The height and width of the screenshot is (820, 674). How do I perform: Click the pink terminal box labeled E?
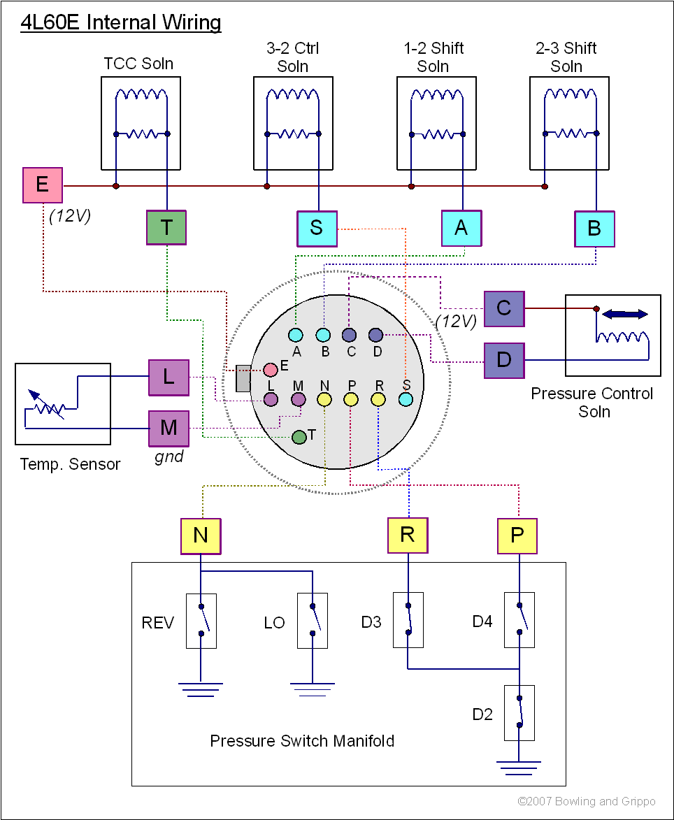tap(43, 185)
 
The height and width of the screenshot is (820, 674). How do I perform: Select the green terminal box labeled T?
tap(166, 227)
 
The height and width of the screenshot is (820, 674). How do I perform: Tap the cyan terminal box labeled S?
tap(317, 228)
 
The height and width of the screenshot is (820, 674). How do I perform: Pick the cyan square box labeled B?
tap(594, 229)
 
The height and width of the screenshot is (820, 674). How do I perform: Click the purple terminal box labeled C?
tap(504, 308)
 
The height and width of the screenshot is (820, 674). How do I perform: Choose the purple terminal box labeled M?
tap(168, 428)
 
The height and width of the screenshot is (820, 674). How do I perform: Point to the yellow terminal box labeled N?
tap(201, 536)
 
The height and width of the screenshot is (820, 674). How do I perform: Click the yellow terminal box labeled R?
tap(408, 536)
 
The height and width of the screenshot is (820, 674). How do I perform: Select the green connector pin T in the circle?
tap(299, 437)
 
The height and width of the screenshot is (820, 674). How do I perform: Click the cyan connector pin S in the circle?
tap(406, 400)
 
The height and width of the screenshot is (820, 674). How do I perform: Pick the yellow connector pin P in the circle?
tap(351, 400)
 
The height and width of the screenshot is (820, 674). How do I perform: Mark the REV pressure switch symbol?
tap(201, 621)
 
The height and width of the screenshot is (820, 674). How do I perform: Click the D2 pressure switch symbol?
tap(519, 713)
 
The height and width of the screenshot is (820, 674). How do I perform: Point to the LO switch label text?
tap(275, 622)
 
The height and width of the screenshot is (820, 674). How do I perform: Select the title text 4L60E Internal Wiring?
tap(121, 23)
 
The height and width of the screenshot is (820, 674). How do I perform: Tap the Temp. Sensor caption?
tap(70, 464)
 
